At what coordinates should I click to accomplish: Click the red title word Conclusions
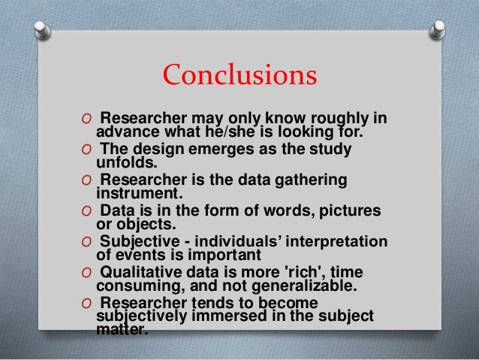(239, 74)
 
